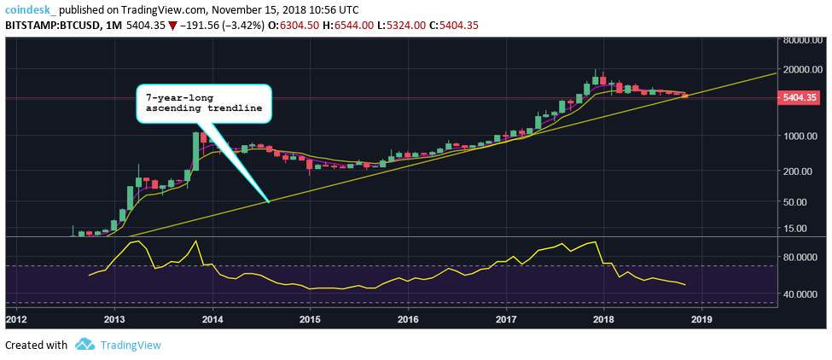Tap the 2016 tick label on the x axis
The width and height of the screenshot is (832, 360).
click(408, 319)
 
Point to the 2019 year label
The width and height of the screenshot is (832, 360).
click(701, 319)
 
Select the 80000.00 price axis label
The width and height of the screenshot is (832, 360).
click(805, 40)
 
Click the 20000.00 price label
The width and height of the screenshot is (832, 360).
click(805, 69)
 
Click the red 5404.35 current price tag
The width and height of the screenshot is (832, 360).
click(801, 98)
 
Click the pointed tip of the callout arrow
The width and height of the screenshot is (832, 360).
click(269, 202)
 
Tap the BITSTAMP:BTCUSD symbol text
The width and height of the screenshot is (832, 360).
click(48, 25)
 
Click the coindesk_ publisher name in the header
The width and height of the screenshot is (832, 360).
click(30, 9)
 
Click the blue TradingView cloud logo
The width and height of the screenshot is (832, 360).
click(84, 345)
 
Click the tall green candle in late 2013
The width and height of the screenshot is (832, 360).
click(195, 150)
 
